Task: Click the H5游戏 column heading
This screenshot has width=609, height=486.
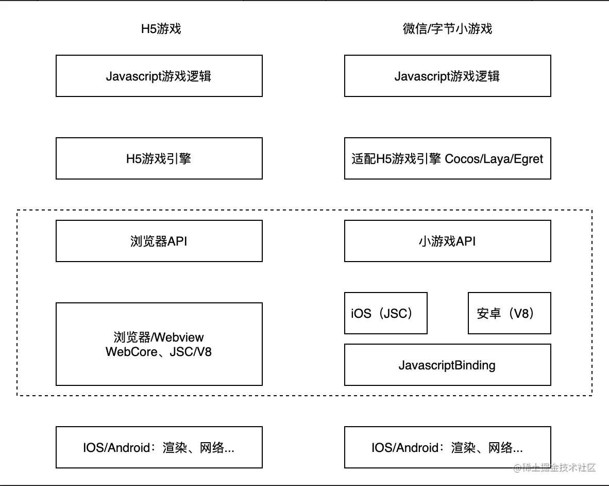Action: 161,29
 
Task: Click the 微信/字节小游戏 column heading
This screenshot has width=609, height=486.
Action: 447,29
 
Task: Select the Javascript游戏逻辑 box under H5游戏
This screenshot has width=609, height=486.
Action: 159,76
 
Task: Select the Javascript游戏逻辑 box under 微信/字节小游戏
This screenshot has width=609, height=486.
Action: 447,76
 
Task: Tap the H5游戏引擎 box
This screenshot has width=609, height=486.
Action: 159,158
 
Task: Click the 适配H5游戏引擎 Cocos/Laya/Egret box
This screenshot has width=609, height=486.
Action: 447,158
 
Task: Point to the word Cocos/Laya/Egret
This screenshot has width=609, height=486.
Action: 494,158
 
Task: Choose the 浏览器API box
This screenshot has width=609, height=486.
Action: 159,241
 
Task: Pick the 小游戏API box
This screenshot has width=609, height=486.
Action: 447,241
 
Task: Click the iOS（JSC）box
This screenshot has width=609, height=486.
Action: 385,313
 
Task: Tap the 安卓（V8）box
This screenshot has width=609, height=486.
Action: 509,313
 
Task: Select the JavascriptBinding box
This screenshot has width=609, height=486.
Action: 447,365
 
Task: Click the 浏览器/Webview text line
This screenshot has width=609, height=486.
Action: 159,337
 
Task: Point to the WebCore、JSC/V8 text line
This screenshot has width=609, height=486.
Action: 159,352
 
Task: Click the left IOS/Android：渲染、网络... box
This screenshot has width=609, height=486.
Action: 159,447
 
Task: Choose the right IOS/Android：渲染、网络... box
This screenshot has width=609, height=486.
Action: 447,447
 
